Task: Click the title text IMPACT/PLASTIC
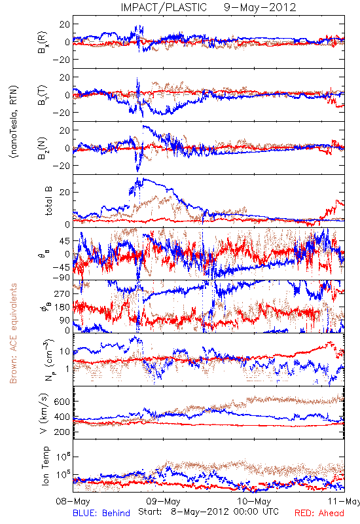[164, 7]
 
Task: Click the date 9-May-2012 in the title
[260, 7]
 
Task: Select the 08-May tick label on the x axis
[73, 501]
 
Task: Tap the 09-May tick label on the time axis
[163, 501]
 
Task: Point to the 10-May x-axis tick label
[254, 501]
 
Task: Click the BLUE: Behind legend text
[101, 513]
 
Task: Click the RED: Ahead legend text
[319, 513]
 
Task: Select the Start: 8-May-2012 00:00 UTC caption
[208, 512]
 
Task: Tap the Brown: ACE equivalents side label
[13, 333]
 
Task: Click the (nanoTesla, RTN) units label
[14, 121]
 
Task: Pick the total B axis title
[48, 201]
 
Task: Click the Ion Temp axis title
[45, 466]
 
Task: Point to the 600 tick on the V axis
[62, 402]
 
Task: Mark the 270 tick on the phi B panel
[62, 293]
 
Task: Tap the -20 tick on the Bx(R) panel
[61, 60]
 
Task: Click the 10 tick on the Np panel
[65, 351]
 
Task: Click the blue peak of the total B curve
[143, 179]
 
